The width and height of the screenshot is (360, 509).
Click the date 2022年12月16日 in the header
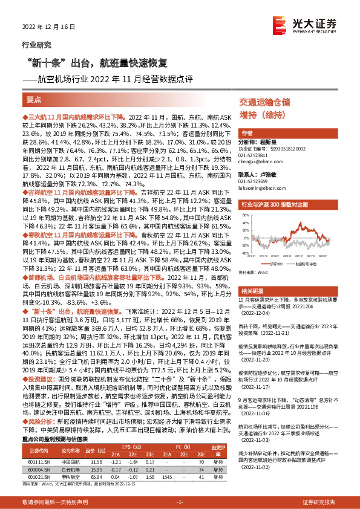point(48,28)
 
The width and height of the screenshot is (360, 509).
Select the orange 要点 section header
point(34,99)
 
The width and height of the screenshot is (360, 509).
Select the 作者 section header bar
point(247,133)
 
